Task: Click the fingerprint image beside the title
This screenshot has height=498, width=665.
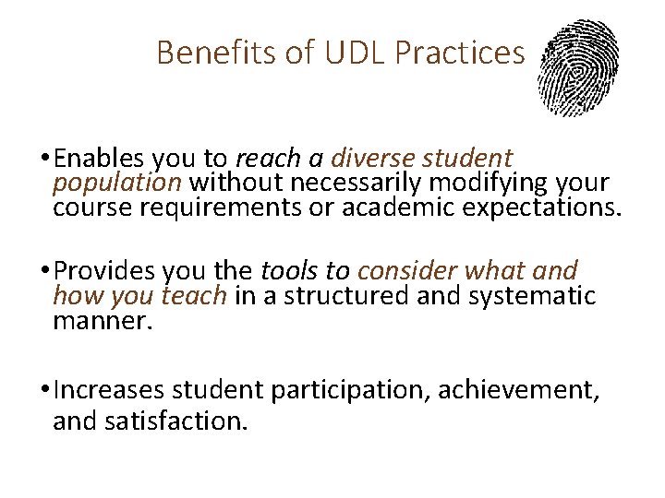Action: (579, 68)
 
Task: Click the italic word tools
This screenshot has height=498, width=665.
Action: (289, 272)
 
